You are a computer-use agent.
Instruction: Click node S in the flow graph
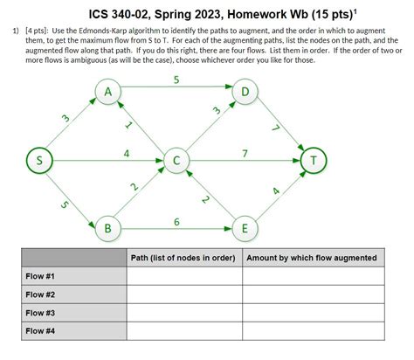pos(38,160)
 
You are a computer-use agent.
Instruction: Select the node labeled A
pos(107,92)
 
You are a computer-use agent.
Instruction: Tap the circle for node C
pos(176,160)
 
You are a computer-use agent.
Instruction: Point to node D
pos(245,92)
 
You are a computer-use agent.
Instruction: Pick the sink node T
pos(314,160)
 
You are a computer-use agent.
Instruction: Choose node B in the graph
pos(107,229)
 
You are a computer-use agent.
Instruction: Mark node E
pos(245,229)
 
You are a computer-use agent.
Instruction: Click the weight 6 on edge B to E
pos(176,222)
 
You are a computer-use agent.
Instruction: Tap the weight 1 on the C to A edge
pos(128,126)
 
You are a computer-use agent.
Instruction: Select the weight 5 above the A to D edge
pos(176,80)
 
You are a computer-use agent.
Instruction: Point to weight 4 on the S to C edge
pos(128,153)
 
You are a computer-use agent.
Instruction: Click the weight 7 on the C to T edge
pos(245,153)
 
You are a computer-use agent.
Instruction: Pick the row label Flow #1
pos(40,276)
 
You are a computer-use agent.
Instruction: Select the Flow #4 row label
pos(40,331)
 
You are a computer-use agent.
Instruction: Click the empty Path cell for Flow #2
pos(184,294)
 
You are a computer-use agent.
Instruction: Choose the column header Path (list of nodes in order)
pos(184,258)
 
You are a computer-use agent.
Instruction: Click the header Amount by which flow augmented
pos(312,258)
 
